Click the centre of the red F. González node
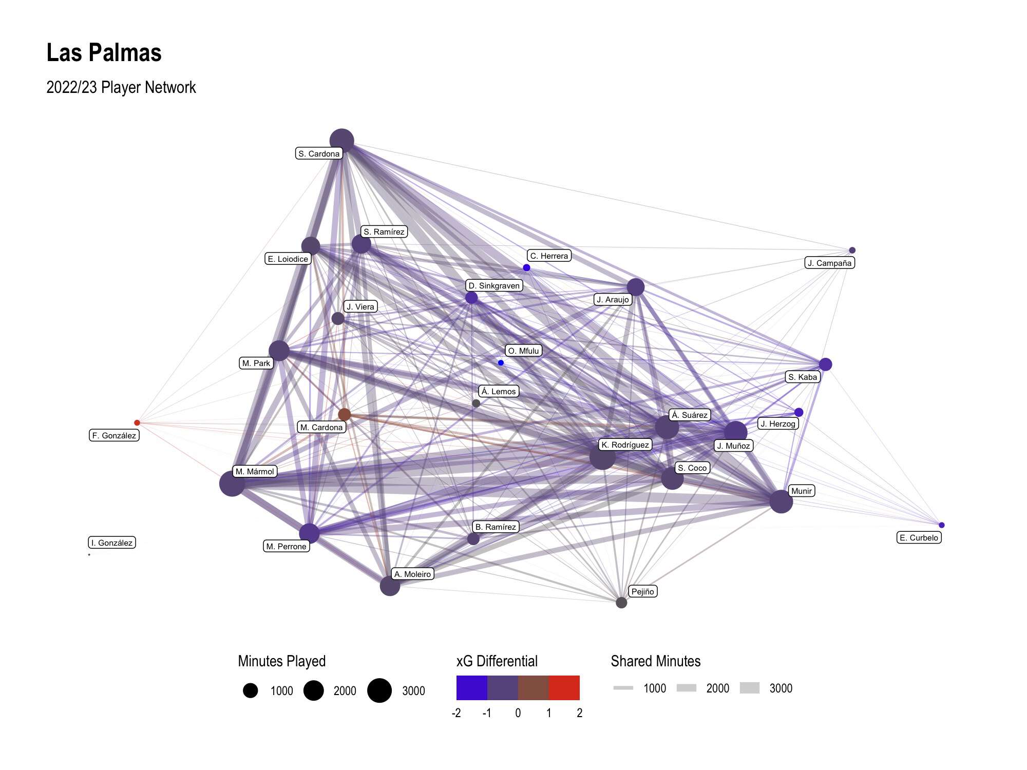[x=137, y=422]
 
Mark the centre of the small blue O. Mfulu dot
[x=501, y=362]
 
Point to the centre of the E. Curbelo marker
[x=941, y=525]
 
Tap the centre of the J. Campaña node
[x=852, y=250]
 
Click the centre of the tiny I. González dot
[x=89, y=554]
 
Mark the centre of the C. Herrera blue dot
[x=526, y=267]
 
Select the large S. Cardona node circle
[x=341, y=141]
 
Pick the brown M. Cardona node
[x=345, y=414]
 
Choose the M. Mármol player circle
[x=232, y=484]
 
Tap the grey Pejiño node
[x=621, y=602]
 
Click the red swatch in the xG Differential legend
[x=564, y=688]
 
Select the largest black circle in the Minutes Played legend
[x=379, y=690]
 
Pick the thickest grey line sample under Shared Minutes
[x=750, y=688]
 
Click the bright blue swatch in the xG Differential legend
[x=471, y=688]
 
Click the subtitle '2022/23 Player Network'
[x=121, y=87]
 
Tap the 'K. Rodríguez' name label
[x=625, y=445]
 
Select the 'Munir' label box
[x=802, y=491]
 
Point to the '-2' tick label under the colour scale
[x=456, y=713]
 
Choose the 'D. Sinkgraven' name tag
[x=494, y=285]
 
